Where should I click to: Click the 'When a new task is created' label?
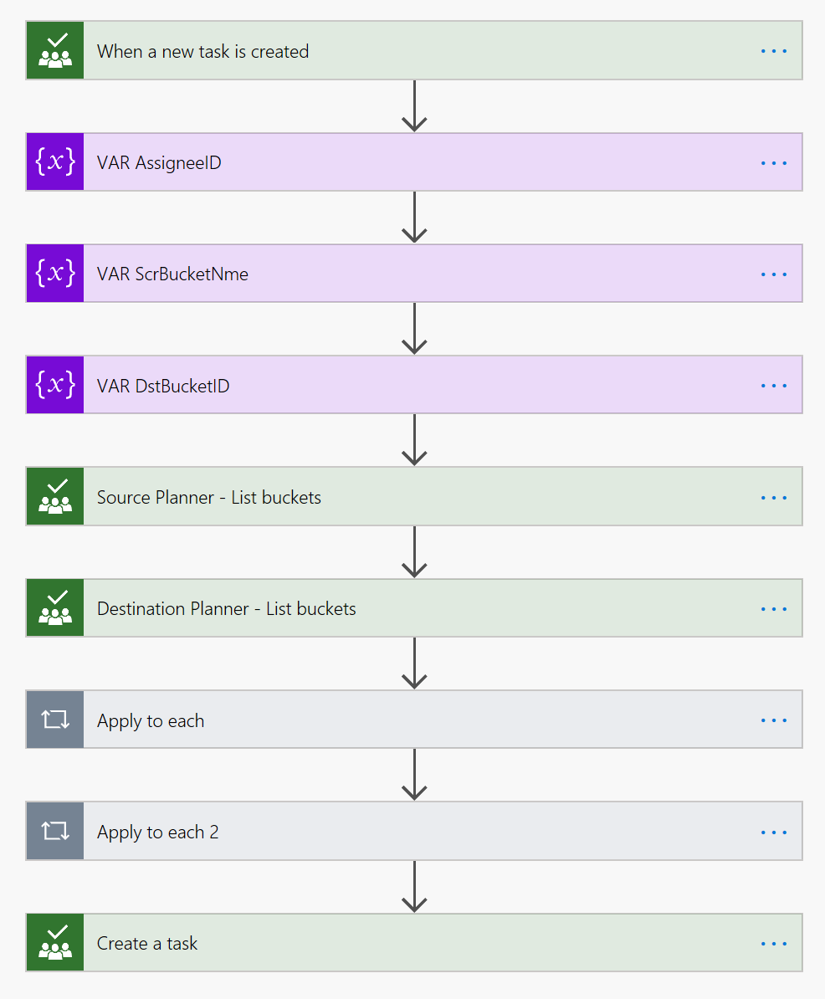tap(202, 52)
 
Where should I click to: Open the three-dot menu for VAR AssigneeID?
tap(774, 162)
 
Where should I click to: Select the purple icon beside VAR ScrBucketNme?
tap(55, 274)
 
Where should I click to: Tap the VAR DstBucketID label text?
tap(163, 386)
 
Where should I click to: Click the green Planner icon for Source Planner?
tap(55, 497)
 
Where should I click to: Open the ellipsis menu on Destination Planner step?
tap(774, 608)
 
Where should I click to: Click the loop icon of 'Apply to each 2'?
tap(55, 831)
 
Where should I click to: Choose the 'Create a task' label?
tap(147, 943)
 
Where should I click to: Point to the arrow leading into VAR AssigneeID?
tap(414, 107)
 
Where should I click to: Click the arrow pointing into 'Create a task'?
tap(414, 887)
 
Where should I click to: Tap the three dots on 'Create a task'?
tap(774, 943)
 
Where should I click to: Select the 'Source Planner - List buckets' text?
tap(209, 497)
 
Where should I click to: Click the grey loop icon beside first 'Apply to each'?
tap(55, 720)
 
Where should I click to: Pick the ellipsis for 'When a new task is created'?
tap(774, 51)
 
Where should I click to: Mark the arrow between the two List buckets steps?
tap(414, 553)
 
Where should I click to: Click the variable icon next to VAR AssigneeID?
tap(55, 162)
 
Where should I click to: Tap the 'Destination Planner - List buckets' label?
tap(227, 608)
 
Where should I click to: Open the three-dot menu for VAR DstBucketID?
tap(774, 386)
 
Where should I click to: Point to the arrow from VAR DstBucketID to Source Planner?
tap(414, 441)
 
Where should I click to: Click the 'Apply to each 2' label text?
tap(158, 832)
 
